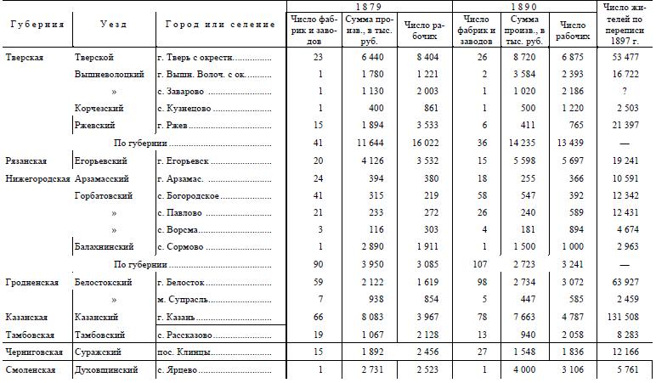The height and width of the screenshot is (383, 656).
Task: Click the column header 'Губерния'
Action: tap(37, 25)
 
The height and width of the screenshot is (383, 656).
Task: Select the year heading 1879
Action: tap(369, 7)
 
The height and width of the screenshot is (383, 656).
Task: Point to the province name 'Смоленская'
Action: tap(31, 369)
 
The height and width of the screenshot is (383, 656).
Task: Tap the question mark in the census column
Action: tap(624, 91)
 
